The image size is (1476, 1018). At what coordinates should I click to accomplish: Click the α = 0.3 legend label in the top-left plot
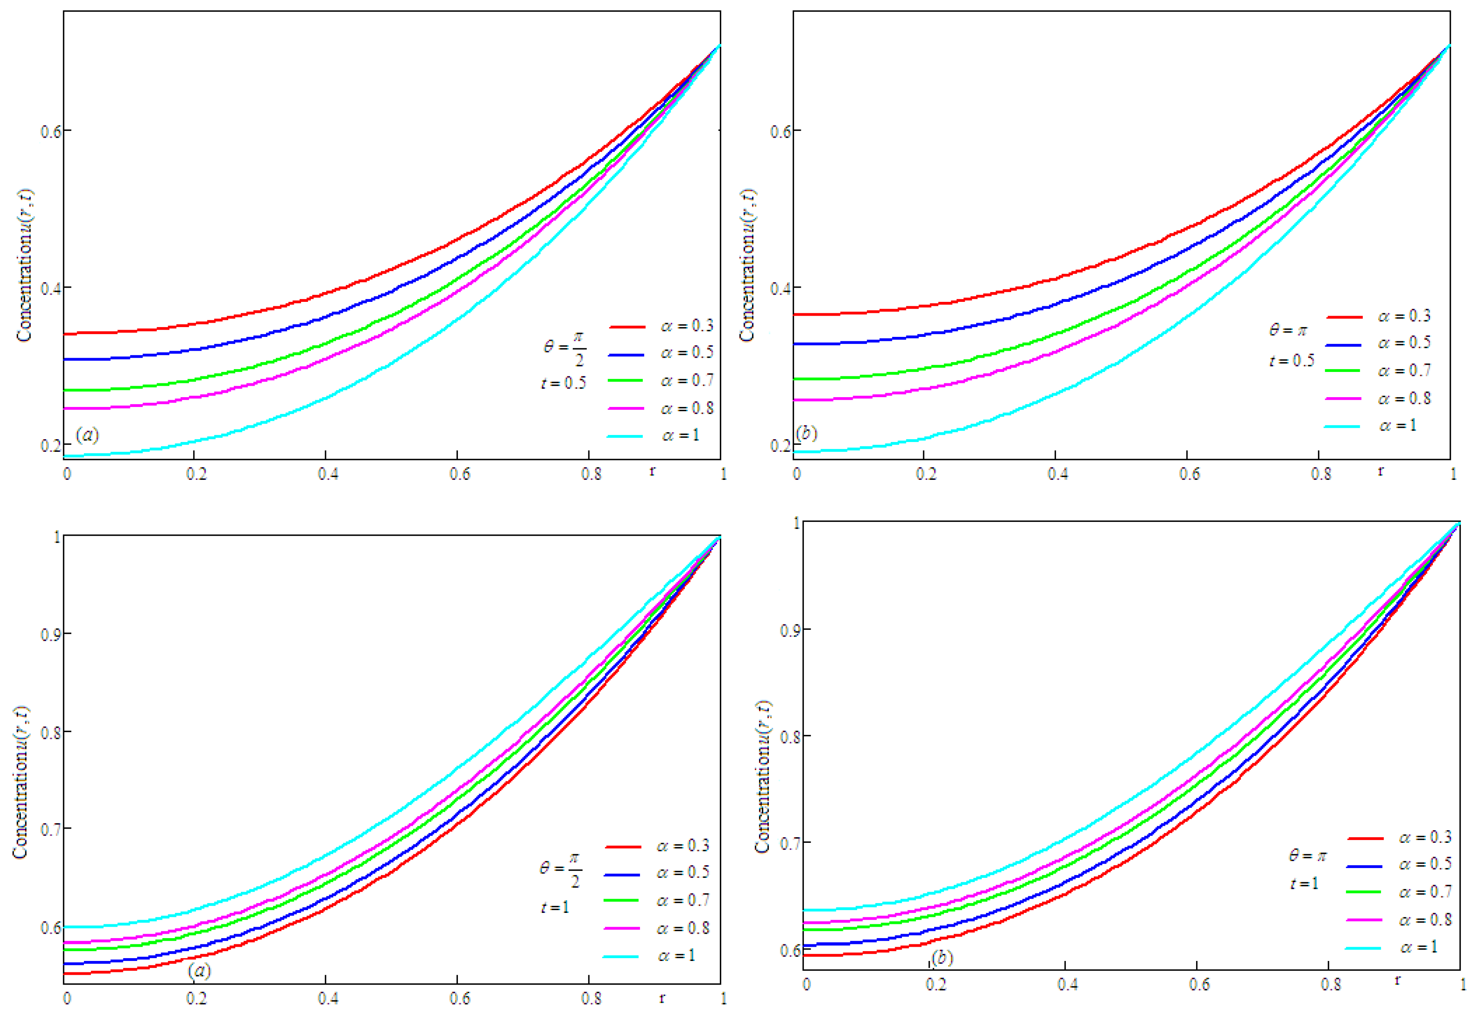[x=686, y=326]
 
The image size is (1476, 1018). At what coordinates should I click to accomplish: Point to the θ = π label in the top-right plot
[x=1288, y=330]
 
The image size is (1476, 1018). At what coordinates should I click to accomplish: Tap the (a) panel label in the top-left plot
[x=87, y=435]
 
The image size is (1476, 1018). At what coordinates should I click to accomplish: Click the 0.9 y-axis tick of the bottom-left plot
[x=51, y=635]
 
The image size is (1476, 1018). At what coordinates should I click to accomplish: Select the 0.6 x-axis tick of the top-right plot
[x=1189, y=474]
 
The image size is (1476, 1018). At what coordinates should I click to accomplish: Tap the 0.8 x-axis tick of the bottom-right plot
[x=1331, y=984]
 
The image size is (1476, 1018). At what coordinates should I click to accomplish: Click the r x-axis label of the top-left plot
[x=652, y=471]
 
